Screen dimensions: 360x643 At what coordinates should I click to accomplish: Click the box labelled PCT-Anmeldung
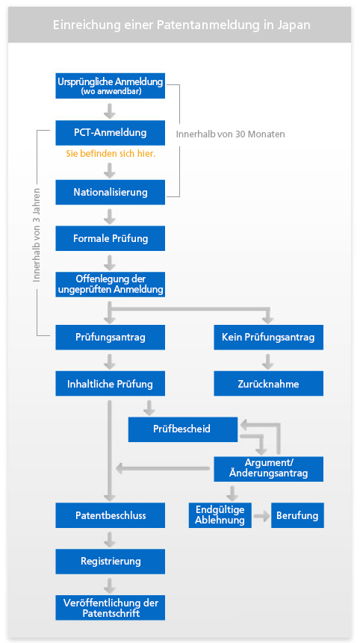click(111, 133)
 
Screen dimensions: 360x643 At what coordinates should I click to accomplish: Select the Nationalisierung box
click(111, 192)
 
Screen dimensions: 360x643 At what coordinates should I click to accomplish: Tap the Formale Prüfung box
click(111, 238)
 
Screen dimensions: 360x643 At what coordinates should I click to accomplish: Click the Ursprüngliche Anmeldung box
click(111, 86)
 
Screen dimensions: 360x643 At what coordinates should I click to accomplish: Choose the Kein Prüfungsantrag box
click(269, 338)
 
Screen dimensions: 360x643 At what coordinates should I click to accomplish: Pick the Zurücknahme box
click(269, 384)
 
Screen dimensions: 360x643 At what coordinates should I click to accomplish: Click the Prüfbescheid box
click(183, 429)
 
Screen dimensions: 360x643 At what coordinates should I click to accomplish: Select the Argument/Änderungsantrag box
click(269, 469)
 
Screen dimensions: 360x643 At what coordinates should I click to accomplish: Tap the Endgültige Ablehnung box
click(220, 515)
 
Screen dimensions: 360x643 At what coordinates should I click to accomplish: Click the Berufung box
click(297, 515)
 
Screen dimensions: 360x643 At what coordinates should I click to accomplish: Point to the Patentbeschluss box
click(111, 515)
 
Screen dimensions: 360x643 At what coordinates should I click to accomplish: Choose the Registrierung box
click(111, 562)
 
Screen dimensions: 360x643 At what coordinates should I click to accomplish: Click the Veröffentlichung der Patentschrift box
click(111, 608)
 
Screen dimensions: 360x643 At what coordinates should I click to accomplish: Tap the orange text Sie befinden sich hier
click(111, 154)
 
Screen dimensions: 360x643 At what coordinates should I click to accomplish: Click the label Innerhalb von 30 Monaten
click(231, 134)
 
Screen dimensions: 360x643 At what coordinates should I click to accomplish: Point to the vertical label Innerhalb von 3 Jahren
click(37, 235)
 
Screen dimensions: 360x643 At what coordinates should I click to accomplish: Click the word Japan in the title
click(295, 25)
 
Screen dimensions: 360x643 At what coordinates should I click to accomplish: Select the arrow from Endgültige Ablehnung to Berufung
click(261, 516)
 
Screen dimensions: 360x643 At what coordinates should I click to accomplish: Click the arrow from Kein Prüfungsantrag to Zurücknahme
click(268, 361)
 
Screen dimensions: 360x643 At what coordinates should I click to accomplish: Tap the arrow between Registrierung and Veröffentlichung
click(110, 585)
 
